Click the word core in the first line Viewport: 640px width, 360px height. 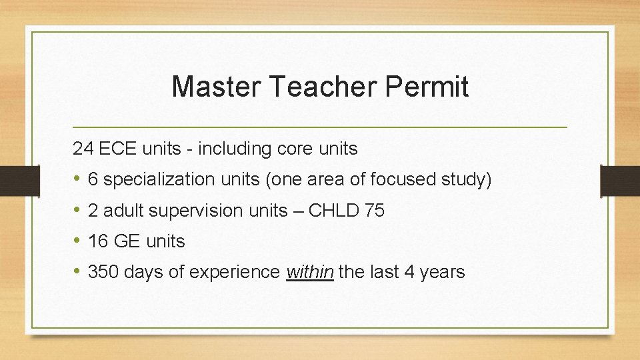click(293, 149)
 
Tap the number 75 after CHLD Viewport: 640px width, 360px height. click(375, 211)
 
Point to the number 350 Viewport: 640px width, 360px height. click(102, 272)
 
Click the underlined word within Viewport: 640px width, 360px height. click(309, 272)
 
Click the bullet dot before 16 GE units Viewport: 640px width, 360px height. click(77, 241)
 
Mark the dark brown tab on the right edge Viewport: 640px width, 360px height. click(620, 181)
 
